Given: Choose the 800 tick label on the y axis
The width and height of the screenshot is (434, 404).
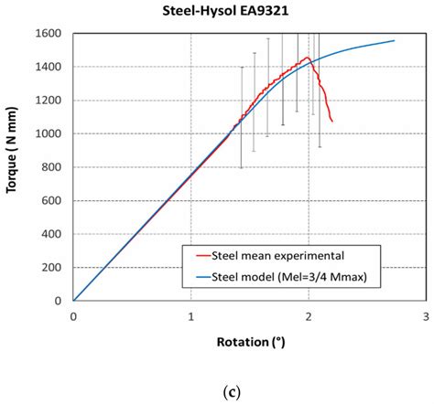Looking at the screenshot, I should coord(51,167).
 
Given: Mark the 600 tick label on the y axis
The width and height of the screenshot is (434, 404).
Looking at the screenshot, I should coord(51,201).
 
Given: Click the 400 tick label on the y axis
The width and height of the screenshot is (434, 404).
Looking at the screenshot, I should coord(51,234).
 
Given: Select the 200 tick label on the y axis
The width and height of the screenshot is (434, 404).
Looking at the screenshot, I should coord(51,268).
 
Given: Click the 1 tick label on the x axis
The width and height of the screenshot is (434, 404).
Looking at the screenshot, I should coord(191,316).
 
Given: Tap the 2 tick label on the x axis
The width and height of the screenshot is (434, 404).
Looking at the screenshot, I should coord(309,316).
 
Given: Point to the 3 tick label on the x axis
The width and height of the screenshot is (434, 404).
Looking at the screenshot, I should coord(427,316).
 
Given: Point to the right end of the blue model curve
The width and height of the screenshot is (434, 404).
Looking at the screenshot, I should coord(395,40).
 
